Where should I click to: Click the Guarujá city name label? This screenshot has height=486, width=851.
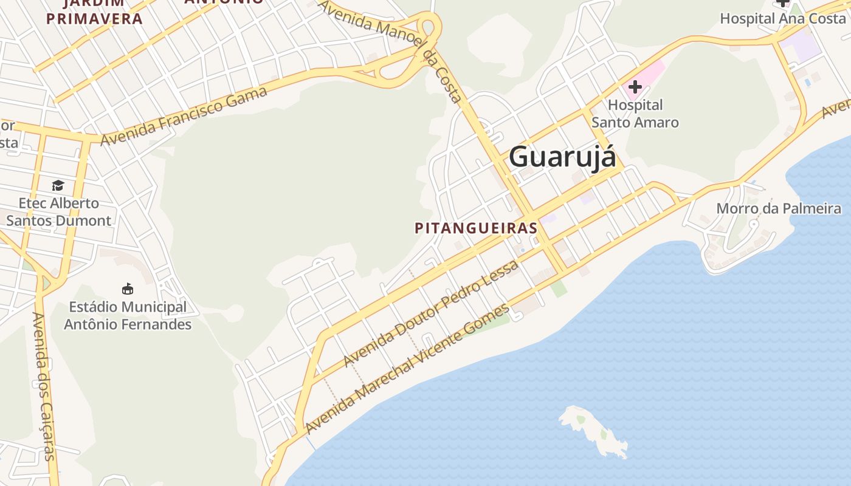[562, 157]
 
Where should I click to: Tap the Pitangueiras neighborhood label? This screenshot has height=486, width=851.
[476, 228]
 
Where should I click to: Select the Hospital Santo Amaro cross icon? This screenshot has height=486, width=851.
[635, 87]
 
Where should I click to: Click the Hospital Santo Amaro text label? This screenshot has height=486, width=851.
[635, 114]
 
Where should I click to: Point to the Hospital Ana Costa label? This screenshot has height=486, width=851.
[782, 18]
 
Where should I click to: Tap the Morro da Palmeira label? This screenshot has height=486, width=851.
[779, 209]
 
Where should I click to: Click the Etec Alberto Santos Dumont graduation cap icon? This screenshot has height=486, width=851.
[58, 185]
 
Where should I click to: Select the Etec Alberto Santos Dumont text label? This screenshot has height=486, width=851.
[58, 212]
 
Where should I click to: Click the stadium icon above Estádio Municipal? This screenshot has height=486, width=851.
[128, 289]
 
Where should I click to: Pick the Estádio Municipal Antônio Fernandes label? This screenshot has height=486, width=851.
[128, 316]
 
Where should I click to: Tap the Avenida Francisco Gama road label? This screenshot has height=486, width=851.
[184, 116]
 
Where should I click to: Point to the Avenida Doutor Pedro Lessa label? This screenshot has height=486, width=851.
[431, 313]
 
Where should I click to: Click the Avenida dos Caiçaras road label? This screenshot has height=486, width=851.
[44, 386]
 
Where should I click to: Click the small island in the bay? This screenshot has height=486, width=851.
[593, 430]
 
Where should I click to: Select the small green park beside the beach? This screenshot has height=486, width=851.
[559, 289]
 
